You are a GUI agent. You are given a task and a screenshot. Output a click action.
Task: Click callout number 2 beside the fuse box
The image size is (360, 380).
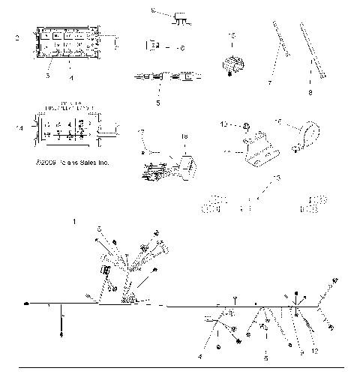(17, 36)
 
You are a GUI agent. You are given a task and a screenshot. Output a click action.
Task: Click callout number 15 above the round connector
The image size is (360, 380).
(232, 36)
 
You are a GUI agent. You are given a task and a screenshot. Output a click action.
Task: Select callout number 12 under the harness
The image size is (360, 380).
(315, 350)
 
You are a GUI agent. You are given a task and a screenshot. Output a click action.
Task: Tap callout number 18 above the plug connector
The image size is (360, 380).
(185, 136)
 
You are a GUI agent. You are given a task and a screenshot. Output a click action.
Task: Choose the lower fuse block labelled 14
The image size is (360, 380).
(64, 124)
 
